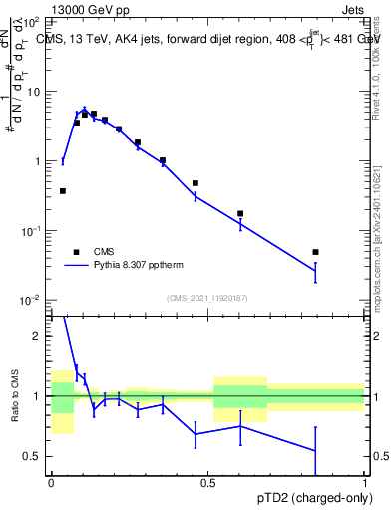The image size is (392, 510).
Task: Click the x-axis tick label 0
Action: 51,483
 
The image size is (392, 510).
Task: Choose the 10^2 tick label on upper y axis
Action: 32,21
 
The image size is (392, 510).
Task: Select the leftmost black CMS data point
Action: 63,191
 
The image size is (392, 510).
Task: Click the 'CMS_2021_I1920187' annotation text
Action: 207,298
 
